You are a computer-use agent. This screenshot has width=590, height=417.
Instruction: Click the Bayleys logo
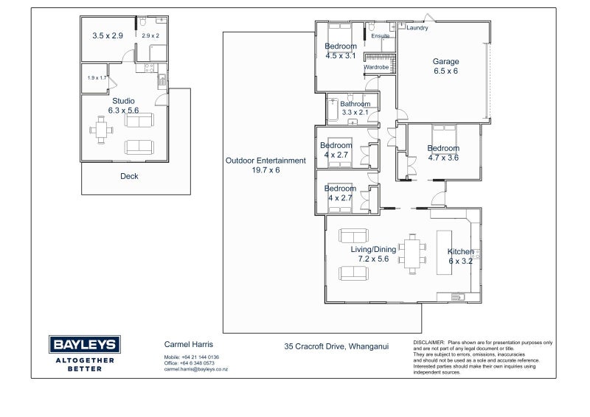85,344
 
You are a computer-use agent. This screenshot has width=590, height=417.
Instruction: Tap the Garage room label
446,61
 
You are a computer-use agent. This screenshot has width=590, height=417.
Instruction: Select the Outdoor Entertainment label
265,161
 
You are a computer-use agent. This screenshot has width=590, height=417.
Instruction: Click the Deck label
129,176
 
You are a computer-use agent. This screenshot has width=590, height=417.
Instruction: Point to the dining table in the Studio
101,130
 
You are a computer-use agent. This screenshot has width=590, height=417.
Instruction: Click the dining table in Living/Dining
412,253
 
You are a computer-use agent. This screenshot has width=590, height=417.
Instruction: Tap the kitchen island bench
444,253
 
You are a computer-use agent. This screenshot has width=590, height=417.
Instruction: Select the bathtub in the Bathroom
333,110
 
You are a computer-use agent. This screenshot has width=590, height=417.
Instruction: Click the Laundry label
417,28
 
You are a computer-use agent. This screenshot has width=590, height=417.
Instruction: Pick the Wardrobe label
376,67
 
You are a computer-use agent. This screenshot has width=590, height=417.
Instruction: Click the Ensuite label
381,36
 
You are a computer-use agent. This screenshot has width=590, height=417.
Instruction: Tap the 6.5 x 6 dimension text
446,71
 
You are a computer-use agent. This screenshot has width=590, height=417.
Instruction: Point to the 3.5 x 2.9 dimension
108,35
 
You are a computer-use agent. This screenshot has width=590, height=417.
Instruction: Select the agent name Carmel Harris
189,344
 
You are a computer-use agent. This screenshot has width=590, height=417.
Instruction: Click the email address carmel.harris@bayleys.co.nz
195,369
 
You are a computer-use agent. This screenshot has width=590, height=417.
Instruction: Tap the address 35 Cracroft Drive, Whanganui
336,346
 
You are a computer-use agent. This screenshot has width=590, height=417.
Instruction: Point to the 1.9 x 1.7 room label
97,78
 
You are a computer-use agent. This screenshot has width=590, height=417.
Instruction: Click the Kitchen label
460,251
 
